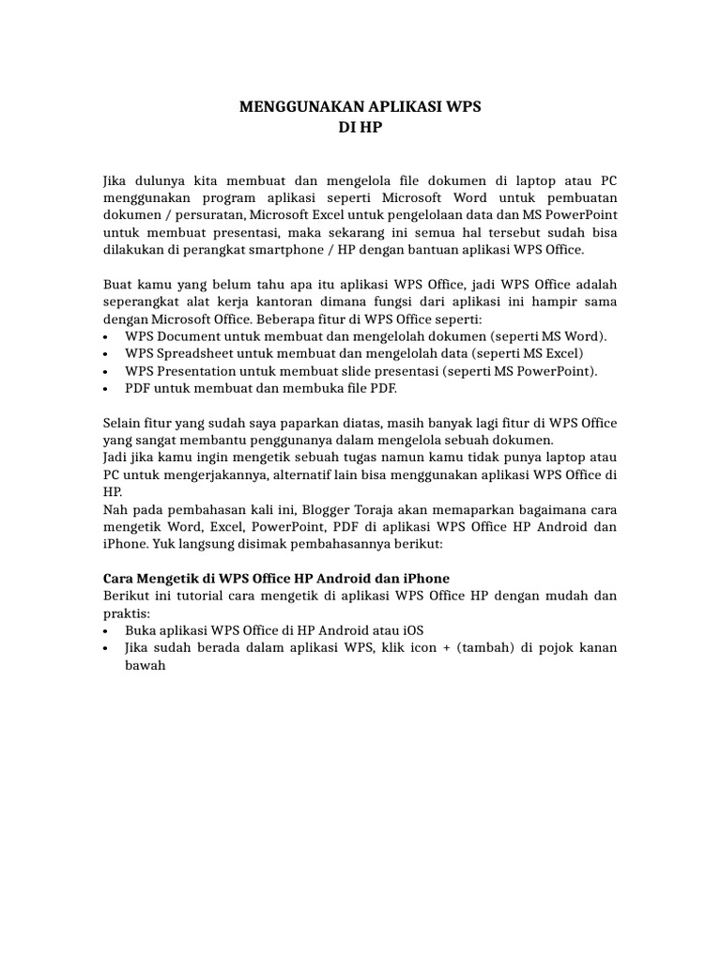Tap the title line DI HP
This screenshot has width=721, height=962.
360,127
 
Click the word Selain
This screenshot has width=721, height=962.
122,423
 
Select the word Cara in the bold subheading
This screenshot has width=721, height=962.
117,577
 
